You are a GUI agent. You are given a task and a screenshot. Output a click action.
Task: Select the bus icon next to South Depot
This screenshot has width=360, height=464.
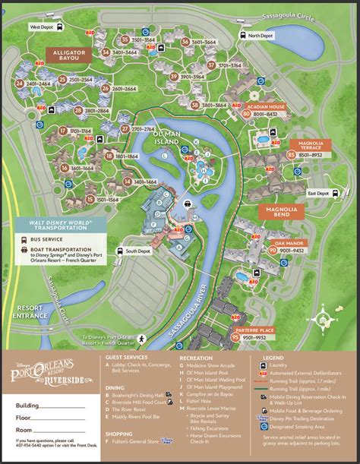pyautogui.click(x=118, y=251)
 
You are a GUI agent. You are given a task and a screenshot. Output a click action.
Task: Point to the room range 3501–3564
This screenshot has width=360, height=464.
pyautogui.click(x=145, y=39)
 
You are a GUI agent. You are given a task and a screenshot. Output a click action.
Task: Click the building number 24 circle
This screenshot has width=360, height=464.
pyautogui.click(x=18, y=83)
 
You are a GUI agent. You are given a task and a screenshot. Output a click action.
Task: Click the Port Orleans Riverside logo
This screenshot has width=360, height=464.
pyautogui.click(x=51, y=369)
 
